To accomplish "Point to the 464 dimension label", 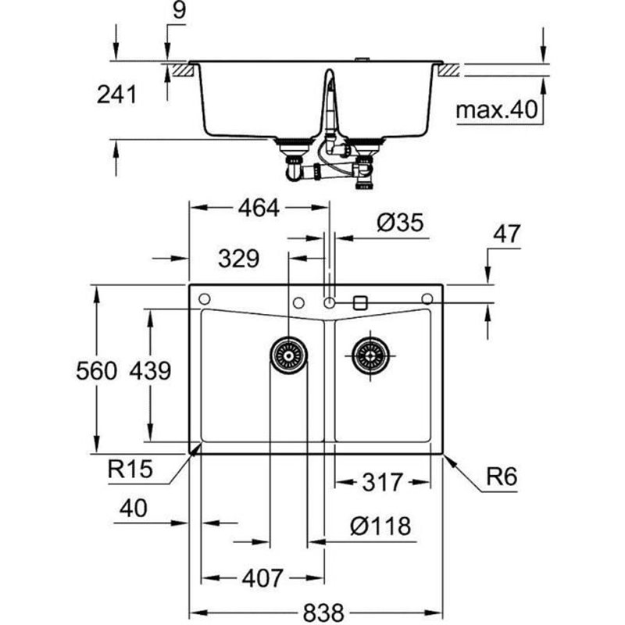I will [258, 208].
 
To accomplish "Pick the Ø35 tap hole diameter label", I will [399, 223].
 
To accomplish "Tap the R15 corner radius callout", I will [130, 470].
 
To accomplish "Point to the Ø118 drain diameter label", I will [379, 527].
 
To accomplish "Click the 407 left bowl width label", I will [262, 578].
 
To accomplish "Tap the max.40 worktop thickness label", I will [498, 111].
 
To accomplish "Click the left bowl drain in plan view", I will [288, 355].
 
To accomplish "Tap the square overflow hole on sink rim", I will [361, 302].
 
